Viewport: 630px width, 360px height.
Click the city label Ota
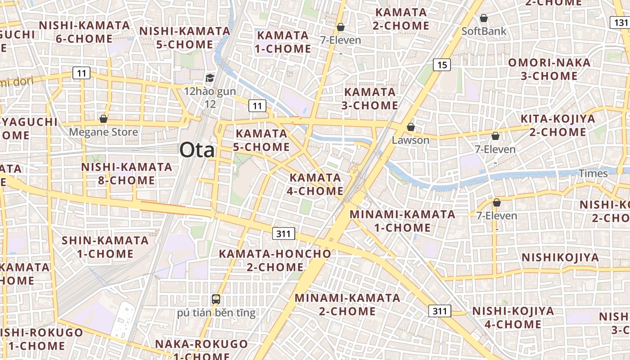(x=197, y=150)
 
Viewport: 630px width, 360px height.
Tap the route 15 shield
(x=442, y=65)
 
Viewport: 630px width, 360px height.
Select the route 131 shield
(x=621, y=22)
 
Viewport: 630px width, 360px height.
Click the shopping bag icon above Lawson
(x=410, y=127)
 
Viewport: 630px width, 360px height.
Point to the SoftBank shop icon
(x=484, y=18)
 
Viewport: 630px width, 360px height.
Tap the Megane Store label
(x=103, y=132)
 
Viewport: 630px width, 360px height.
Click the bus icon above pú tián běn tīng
(x=216, y=299)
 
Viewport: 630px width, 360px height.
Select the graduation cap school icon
(x=210, y=78)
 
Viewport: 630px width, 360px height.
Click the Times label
(x=593, y=173)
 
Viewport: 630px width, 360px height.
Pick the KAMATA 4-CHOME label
(x=315, y=184)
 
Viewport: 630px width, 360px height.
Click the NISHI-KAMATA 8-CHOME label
(x=126, y=174)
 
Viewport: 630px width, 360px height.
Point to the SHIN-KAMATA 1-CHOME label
(x=105, y=247)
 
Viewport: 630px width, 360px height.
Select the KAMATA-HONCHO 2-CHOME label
(x=275, y=260)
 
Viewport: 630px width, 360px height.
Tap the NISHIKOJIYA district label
(x=560, y=257)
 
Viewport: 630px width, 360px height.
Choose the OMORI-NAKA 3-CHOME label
(x=549, y=69)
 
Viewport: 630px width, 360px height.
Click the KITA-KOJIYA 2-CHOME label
(x=558, y=126)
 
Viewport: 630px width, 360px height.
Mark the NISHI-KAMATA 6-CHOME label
(x=84, y=31)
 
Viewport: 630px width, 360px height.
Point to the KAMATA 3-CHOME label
(x=370, y=99)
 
